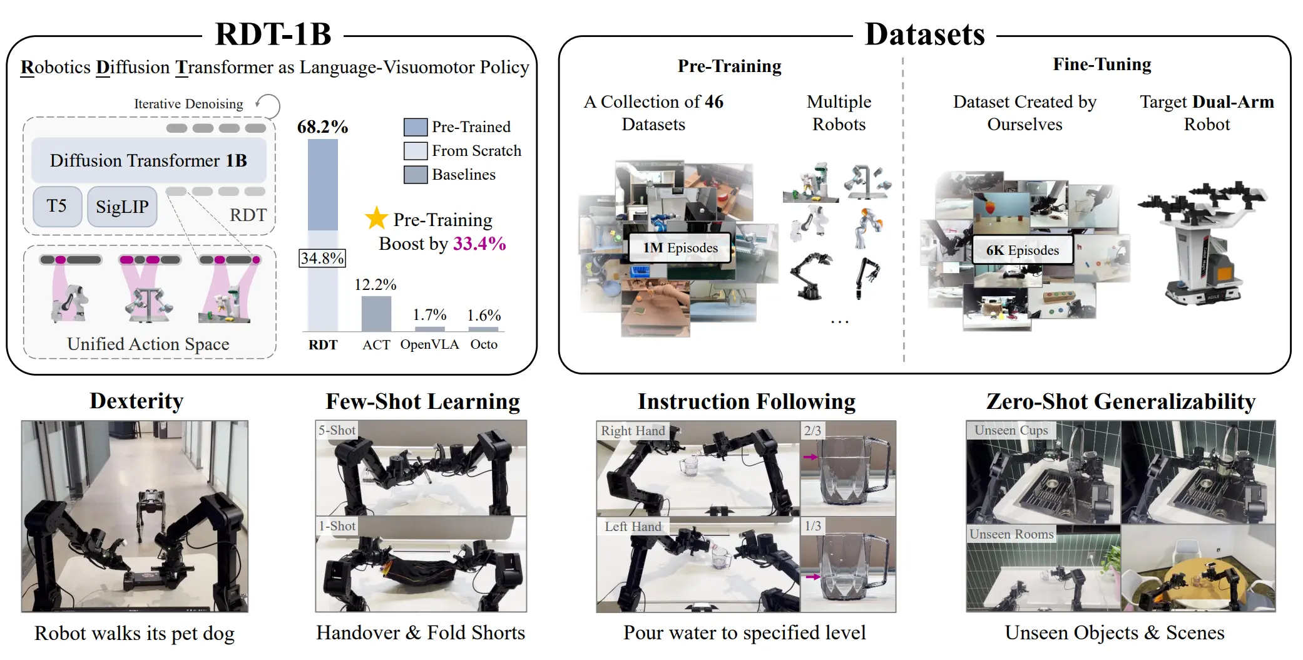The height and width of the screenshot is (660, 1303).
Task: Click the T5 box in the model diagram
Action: pos(57,206)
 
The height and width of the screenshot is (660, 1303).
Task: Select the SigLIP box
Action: pos(122,206)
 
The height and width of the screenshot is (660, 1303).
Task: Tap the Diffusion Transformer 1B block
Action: pos(149,160)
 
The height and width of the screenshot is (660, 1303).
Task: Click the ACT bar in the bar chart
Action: pos(376,313)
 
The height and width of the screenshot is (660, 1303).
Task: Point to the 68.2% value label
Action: pos(322,126)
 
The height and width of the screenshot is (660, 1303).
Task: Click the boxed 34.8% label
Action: pos(322,258)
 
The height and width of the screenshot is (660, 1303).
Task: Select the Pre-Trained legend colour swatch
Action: pos(416,127)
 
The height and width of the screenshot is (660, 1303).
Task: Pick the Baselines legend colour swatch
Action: pos(416,175)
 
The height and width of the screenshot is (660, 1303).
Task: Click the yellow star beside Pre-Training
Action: pos(377,218)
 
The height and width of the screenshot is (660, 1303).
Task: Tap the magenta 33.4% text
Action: pos(479,243)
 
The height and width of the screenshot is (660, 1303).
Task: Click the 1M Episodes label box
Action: pos(680,248)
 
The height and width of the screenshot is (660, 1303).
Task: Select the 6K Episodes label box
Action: pos(1023,250)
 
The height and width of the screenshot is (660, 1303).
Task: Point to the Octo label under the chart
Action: pos(484,344)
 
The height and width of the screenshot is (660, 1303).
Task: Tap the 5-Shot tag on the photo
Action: pos(337,430)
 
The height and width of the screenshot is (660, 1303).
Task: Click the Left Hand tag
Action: pos(633,527)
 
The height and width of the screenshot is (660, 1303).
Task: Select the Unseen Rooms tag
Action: pos(1011,534)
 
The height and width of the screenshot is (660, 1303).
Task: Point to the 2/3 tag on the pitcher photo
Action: pos(812,430)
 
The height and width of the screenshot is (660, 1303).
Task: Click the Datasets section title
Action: pos(925,34)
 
